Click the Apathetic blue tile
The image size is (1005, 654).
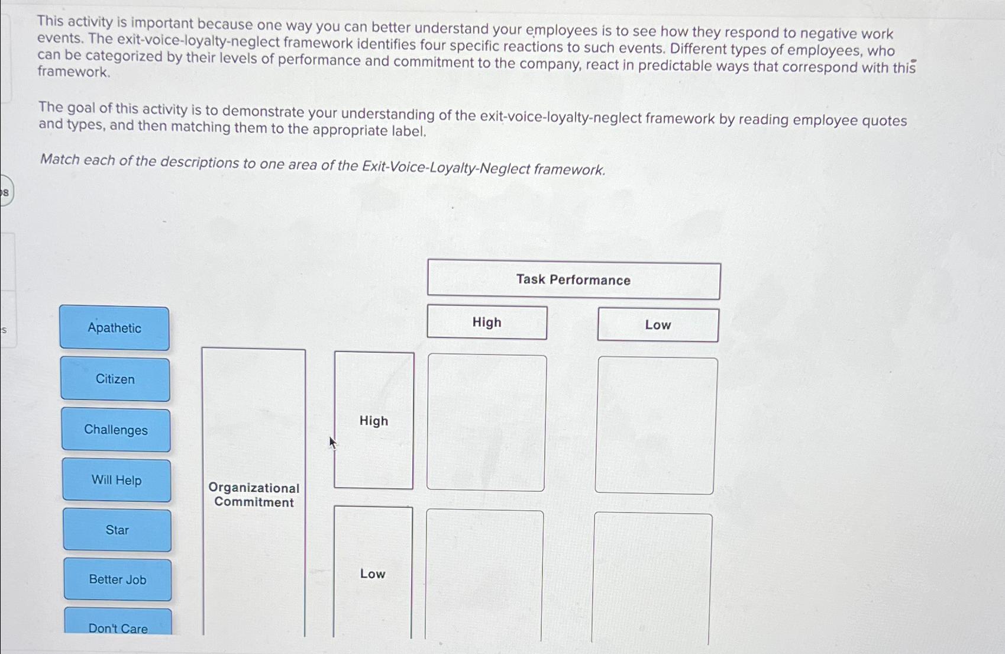point(114,328)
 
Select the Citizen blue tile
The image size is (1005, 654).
point(115,379)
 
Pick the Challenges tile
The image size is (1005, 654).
point(116,430)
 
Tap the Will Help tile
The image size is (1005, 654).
point(117,480)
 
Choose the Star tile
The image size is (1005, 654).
point(117,530)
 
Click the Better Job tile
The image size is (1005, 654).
point(118,579)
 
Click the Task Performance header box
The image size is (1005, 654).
point(573,280)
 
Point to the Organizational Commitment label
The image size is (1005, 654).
point(254,495)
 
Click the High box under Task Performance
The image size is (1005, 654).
point(487,323)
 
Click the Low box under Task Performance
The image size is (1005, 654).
point(658,325)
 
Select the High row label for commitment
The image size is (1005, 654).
point(374,421)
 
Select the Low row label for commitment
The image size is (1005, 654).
point(373,574)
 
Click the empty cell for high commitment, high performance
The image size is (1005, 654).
point(486,423)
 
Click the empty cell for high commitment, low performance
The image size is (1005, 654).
point(655,426)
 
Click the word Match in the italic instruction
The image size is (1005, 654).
point(59,160)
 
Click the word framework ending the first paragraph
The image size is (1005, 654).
point(73,72)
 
